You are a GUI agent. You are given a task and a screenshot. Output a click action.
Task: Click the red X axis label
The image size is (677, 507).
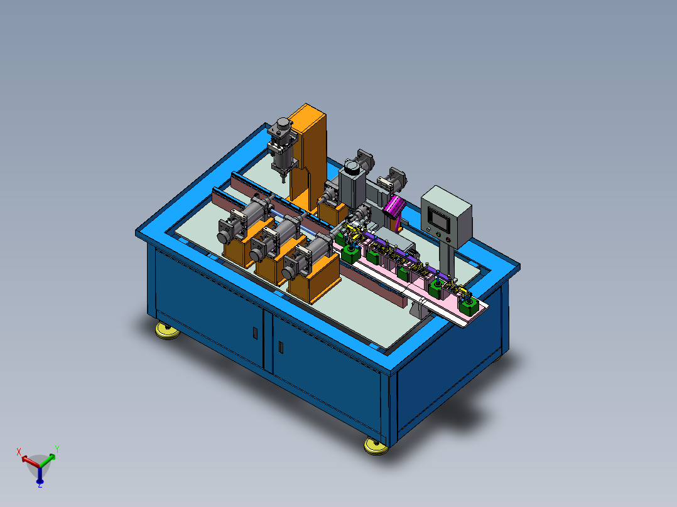click(19, 452)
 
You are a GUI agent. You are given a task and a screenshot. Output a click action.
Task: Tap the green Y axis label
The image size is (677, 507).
click(57, 449)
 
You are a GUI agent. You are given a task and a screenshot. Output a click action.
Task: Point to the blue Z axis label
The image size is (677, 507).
click(40, 486)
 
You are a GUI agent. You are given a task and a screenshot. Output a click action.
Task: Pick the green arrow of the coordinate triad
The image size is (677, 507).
click(48, 460)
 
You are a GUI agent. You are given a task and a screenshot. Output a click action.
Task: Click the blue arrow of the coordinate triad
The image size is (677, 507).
click(40, 474)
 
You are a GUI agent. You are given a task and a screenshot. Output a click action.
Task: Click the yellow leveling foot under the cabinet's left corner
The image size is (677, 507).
click(168, 331)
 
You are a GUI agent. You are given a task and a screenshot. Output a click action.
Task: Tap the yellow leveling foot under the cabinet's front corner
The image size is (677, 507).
click(376, 446)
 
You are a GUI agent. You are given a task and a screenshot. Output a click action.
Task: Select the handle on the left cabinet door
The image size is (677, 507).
click(255, 333)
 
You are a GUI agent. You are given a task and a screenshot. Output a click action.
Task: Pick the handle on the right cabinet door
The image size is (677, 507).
click(281, 348)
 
